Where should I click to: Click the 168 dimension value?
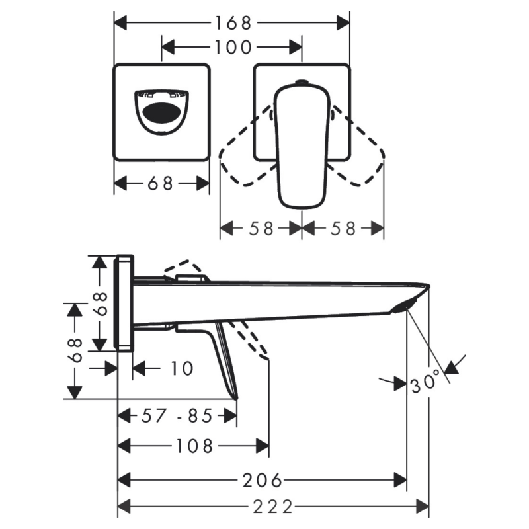click(x=233, y=23)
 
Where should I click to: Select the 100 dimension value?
click(x=233, y=47)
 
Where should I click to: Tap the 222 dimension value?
click(x=273, y=507)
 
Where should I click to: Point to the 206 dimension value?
click(x=262, y=480)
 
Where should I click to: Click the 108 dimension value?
click(x=194, y=446)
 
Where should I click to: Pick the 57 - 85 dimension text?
click(x=177, y=415)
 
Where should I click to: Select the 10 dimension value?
click(x=183, y=368)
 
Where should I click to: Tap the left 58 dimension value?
click(x=261, y=228)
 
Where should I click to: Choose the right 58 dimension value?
click(x=343, y=228)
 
